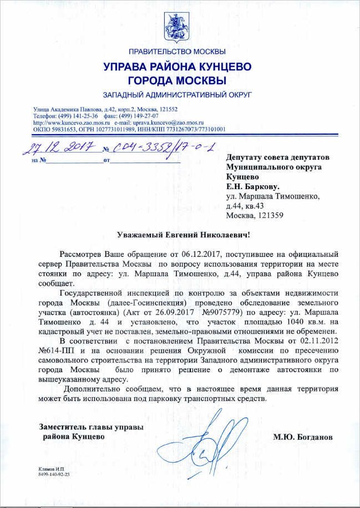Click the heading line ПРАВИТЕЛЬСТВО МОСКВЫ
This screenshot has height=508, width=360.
[x=178, y=52]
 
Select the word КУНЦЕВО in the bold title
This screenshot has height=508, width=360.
[x=221, y=67]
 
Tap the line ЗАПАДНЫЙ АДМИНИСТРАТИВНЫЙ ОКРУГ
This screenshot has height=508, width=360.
[x=178, y=95]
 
